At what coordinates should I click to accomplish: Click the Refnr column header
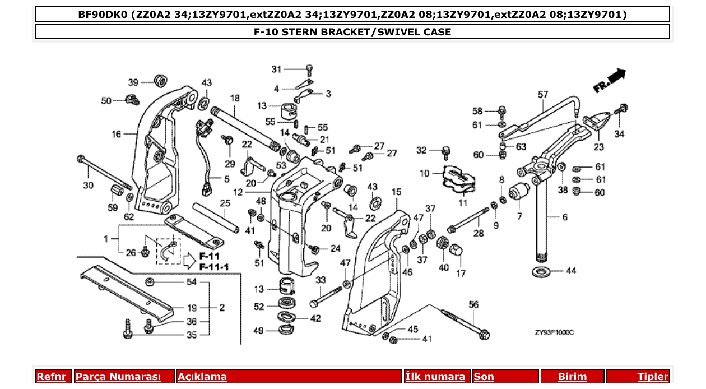pyautogui.click(x=51, y=377)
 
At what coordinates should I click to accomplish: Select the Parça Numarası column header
pyautogui.click(x=118, y=377)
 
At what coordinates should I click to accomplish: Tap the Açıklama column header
pyautogui.click(x=202, y=377)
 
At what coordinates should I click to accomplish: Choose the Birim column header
pyautogui.click(x=572, y=377)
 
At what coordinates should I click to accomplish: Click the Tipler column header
pyautogui.click(x=653, y=377)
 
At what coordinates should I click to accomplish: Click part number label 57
pyautogui.click(x=543, y=95)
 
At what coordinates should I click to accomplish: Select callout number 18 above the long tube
pyautogui.click(x=234, y=98)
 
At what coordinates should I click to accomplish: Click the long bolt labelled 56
pyautogui.click(x=465, y=325)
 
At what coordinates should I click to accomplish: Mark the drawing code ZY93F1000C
pyautogui.click(x=554, y=332)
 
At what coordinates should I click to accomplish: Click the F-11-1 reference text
pyautogui.click(x=213, y=267)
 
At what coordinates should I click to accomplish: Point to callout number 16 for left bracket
pyautogui.click(x=116, y=134)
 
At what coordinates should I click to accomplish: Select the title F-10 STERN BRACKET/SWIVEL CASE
pyautogui.click(x=352, y=32)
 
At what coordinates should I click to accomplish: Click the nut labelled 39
pyautogui.click(x=161, y=80)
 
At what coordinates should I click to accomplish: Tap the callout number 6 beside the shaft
pyautogui.click(x=564, y=217)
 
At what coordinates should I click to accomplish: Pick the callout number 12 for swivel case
pyautogui.click(x=238, y=192)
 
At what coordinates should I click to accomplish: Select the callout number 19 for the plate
pyautogui.click(x=192, y=308)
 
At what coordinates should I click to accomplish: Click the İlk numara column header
pyautogui.click(x=435, y=377)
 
